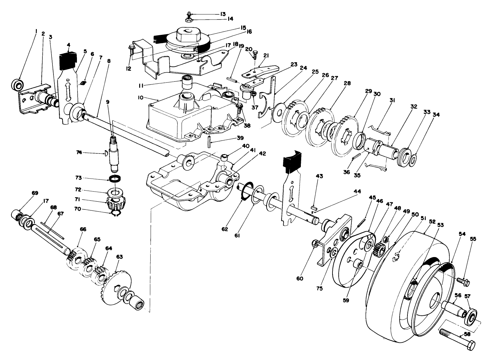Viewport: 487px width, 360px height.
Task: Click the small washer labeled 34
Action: (x=412, y=160)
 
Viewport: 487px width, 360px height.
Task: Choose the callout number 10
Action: (x=141, y=97)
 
